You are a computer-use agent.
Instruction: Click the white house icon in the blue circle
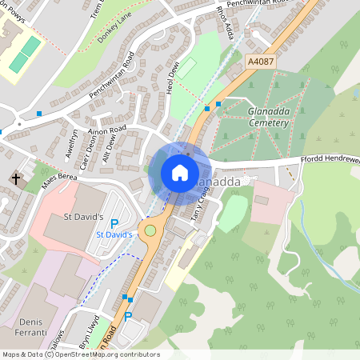180,172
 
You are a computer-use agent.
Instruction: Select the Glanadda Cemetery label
268,118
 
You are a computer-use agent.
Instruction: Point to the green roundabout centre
149,230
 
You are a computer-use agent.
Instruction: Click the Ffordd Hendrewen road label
328,160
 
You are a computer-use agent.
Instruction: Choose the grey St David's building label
84,217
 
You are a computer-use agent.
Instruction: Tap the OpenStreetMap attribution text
80,354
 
